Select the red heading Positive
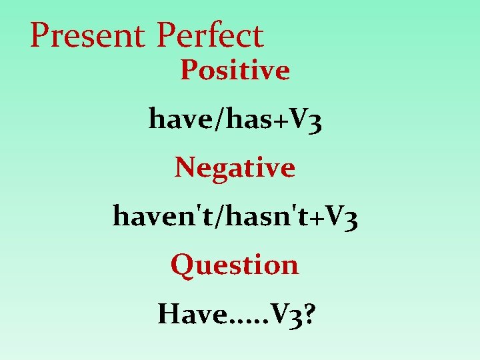coord(235,70)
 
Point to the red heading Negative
coord(235,167)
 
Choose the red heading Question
coord(235,265)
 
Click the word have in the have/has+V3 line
coord(175,119)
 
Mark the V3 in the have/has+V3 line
coord(303,120)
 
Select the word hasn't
coord(254,216)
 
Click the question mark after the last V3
coord(311,314)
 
